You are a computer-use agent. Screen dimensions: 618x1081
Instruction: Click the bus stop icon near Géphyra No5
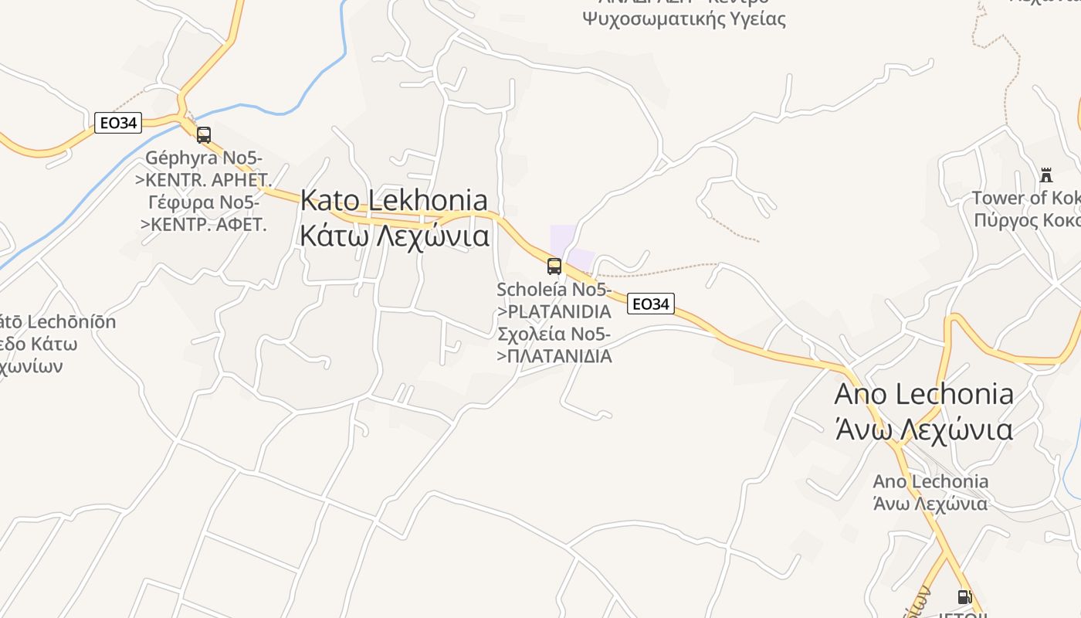204,135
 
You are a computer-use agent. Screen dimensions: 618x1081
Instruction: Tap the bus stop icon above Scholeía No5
554,267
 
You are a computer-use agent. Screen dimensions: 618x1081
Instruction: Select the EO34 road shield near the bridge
118,123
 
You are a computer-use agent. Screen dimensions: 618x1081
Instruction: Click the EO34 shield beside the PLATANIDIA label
650,304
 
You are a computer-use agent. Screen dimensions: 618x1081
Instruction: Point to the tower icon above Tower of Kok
1046,175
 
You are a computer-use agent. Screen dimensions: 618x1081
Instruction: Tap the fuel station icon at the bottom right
964,596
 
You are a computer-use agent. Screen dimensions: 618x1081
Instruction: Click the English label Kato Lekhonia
394,200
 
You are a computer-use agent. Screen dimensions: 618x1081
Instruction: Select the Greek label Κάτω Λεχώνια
394,235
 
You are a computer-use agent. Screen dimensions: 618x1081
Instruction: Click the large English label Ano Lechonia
923,393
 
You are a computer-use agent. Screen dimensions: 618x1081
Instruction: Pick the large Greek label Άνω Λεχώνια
923,428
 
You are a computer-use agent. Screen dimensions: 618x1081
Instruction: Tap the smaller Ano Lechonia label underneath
930,481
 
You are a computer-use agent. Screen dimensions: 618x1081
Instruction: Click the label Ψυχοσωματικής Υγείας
684,19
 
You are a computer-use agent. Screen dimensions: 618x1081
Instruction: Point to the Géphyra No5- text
204,158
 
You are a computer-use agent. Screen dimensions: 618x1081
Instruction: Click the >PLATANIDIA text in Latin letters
554,311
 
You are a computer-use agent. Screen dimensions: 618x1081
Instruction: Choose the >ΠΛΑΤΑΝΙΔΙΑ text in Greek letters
554,356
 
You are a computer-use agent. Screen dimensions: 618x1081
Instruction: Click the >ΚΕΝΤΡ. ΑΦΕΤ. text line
204,225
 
